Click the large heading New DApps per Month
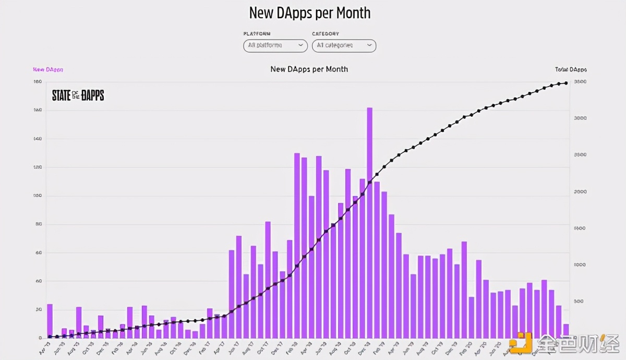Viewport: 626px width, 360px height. [310, 13]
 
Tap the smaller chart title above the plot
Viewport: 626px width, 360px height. [309, 69]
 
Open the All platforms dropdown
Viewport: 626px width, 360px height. [275, 45]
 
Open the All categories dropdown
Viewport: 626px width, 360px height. [344, 45]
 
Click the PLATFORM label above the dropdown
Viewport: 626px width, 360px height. [257, 34]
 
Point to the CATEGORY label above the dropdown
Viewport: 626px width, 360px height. [326, 34]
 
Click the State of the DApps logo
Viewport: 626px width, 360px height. [78, 95]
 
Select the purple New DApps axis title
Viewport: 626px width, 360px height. [48, 69]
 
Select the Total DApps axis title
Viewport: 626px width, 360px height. [571, 69]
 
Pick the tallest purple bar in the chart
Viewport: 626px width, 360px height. [369, 223]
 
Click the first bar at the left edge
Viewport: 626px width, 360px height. [50, 321]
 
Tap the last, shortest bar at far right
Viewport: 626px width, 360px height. [566, 331]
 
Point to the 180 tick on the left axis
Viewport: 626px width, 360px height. [38, 82]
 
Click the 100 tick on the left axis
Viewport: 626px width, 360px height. [38, 196]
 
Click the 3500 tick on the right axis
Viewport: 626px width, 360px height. [580, 82]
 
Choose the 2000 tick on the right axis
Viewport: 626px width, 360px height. [580, 191]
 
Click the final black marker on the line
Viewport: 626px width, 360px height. [565, 83]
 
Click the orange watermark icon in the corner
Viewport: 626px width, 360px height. [520, 342]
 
